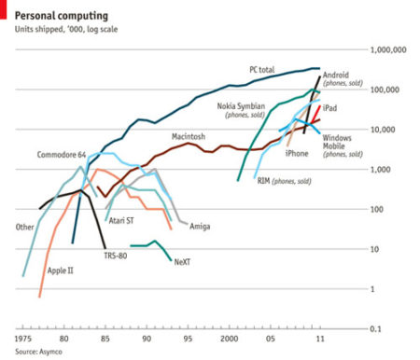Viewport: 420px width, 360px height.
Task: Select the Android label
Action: pyautogui.click(x=335, y=75)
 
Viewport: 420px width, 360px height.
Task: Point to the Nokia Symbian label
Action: pyautogui.click(x=241, y=106)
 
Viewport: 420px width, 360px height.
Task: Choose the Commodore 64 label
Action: pyautogui.click(x=62, y=153)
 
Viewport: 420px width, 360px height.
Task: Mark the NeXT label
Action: pyautogui.click(x=183, y=263)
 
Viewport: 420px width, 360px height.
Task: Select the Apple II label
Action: pyautogui.click(x=61, y=270)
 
